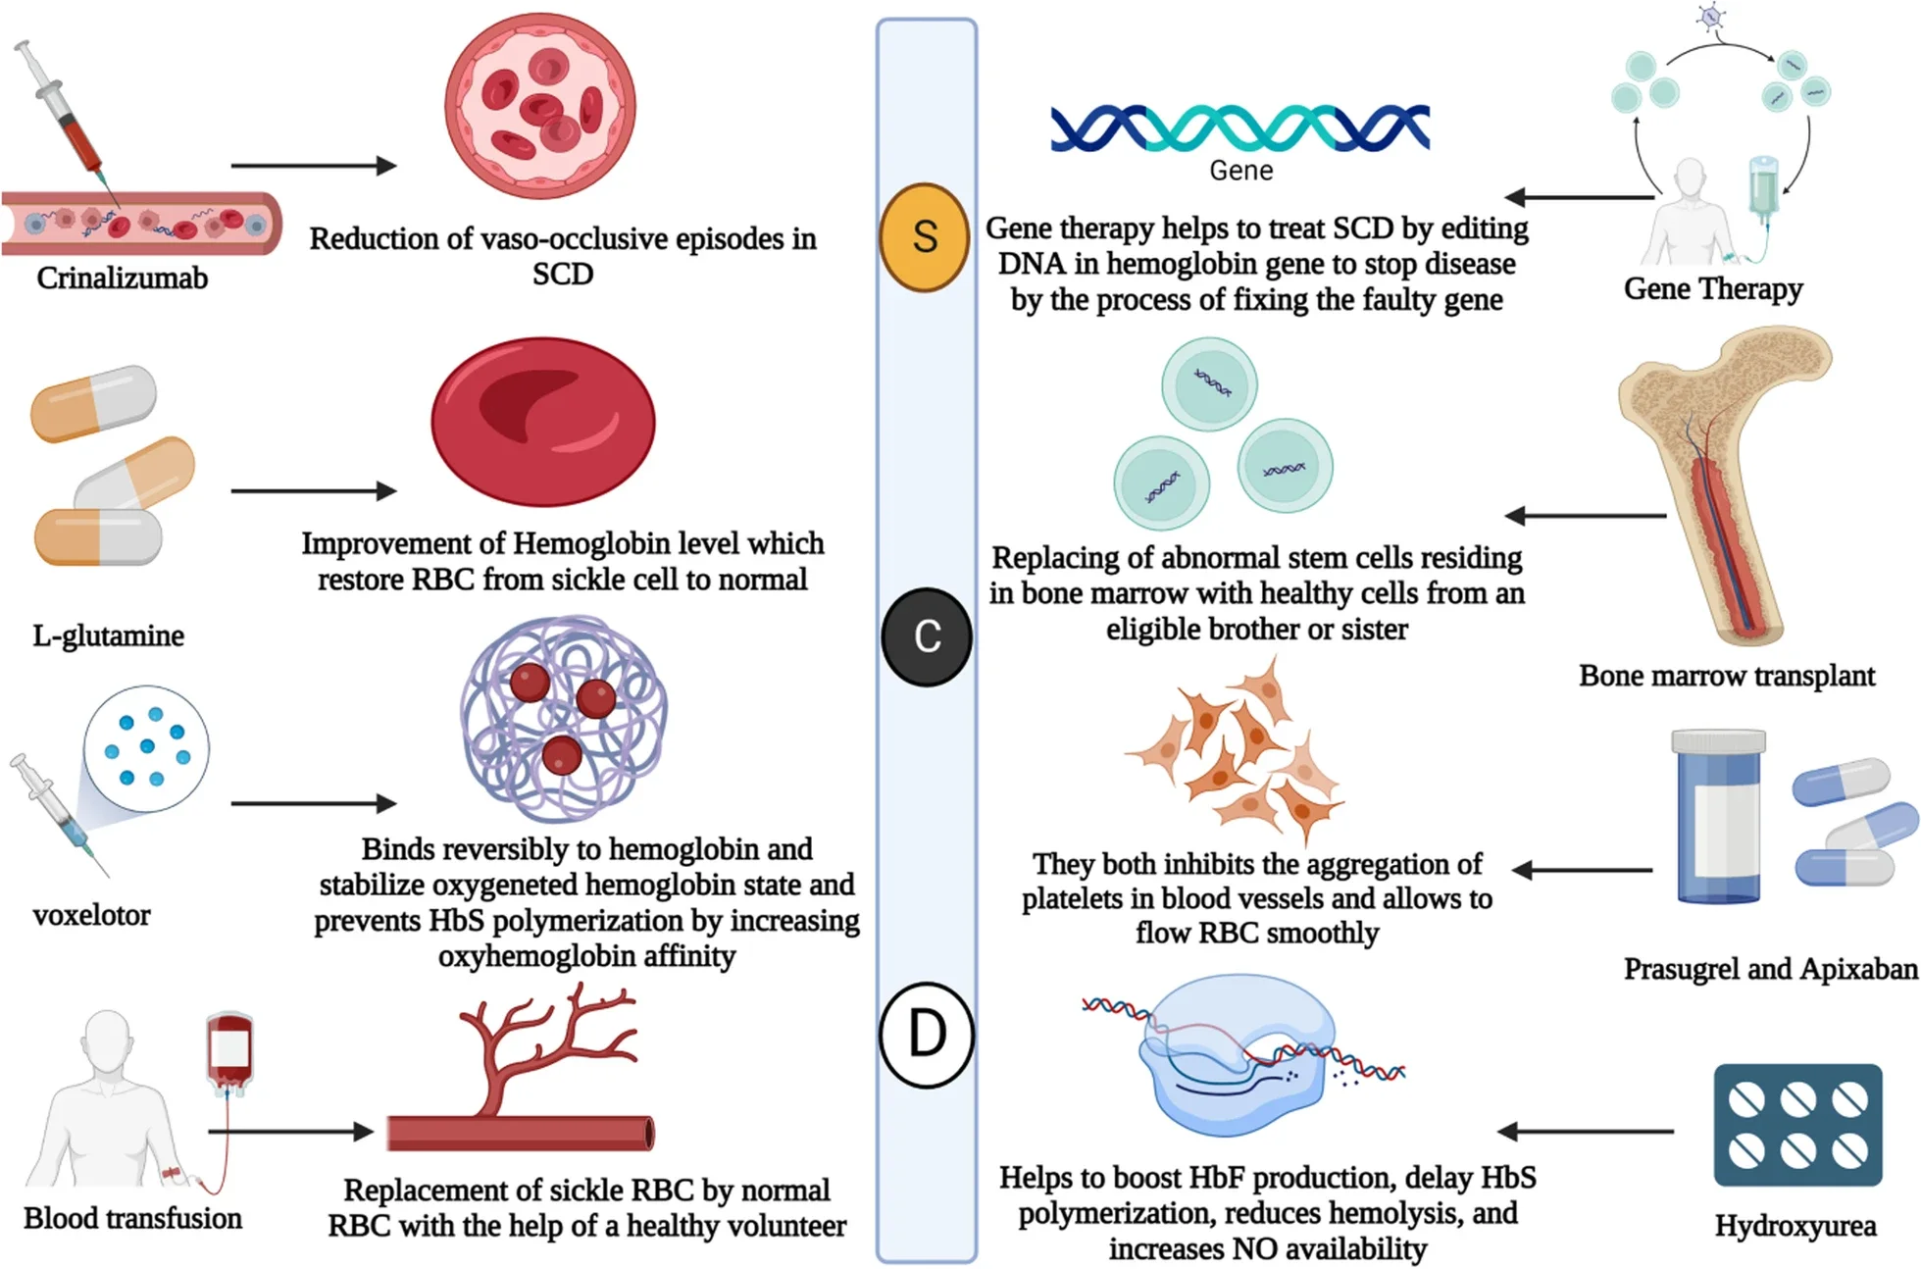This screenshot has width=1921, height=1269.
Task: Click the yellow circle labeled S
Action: click(924, 237)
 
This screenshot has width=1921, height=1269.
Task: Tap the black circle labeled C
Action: click(927, 636)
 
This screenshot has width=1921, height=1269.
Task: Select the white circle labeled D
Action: click(927, 1035)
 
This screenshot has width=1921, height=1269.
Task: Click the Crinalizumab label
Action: click(123, 279)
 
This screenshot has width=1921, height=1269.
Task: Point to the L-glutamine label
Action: click(109, 635)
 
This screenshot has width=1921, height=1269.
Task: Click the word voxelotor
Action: click(92, 915)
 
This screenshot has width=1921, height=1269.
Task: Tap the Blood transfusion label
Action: click(133, 1218)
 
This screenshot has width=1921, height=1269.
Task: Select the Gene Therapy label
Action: click(1713, 288)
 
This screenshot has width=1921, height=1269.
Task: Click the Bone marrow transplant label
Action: click(1727, 676)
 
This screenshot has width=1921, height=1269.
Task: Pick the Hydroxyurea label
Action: click(1795, 1225)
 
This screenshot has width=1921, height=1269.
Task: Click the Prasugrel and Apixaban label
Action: click(1770, 969)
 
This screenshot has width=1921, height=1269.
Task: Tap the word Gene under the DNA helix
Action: click(1241, 171)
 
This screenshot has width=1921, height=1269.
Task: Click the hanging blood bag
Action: click(230, 1049)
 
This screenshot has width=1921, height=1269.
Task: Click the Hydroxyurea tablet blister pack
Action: click(1797, 1125)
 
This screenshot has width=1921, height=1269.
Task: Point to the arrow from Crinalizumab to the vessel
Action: click(314, 166)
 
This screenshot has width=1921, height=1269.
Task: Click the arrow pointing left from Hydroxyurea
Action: click(1586, 1132)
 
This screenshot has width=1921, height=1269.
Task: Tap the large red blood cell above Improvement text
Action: click(543, 423)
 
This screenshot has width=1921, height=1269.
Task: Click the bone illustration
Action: click(1726, 481)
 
